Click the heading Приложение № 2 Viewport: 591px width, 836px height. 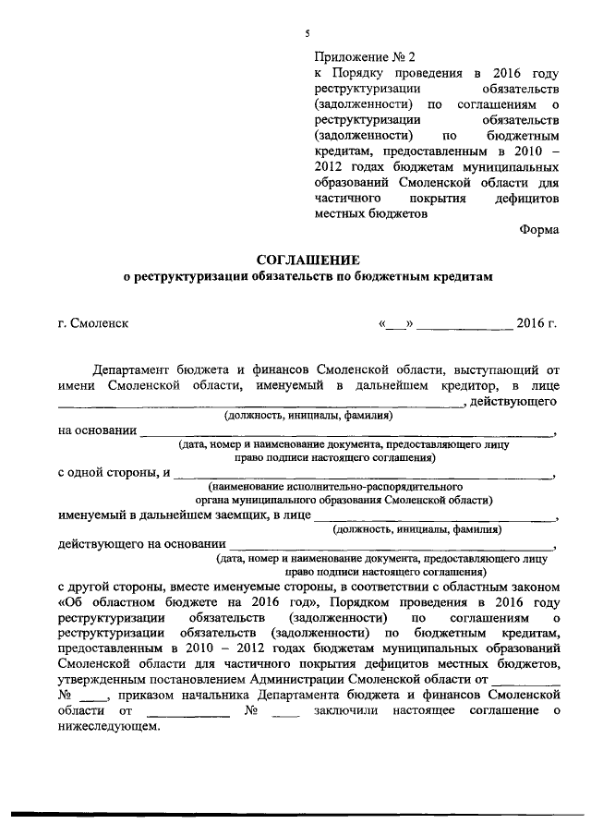tap(359, 56)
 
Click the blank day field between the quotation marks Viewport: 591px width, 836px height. tap(399, 324)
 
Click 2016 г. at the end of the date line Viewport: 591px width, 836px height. tap(537, 324)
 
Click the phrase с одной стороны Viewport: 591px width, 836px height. tap(109, 473)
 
